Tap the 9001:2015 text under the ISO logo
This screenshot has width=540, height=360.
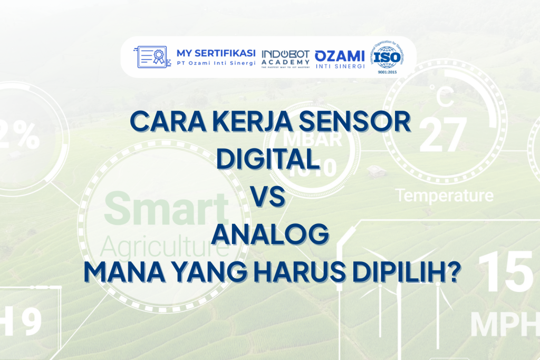(x=388, y=73)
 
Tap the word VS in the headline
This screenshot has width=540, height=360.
(x=269, y=197)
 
